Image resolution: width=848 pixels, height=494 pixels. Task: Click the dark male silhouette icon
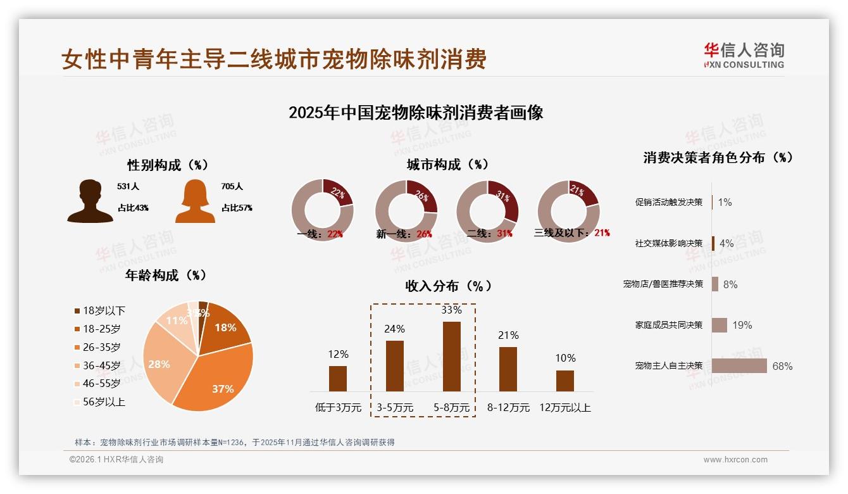point(90,201)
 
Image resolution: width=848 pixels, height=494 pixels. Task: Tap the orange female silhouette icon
point(195,201)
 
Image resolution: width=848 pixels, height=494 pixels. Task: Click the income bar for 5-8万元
point(451,357)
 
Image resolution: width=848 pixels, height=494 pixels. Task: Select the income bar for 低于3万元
point(338,379)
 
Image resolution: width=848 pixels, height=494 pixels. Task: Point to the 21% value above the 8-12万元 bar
point(508,335)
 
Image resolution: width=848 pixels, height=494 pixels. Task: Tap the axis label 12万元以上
point(564,407)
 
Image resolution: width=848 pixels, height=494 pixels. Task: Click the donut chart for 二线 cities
point(487,211)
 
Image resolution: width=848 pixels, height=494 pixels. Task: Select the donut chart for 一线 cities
point(322,211)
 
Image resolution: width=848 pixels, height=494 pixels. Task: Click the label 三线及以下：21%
point(571,233)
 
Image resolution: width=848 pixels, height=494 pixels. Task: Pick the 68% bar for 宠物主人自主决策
point(739,366)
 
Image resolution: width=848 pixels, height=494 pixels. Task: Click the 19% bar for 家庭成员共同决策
point(720,325)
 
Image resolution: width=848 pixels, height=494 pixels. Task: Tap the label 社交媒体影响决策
point(669,243)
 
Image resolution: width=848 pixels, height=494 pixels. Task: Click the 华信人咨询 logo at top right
point(744,55)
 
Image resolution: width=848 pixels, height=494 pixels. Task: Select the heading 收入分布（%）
point(448,286)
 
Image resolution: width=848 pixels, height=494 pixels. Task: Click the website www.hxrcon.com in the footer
point(735,460)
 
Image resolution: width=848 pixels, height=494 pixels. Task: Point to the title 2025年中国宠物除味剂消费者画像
point(416,113)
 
